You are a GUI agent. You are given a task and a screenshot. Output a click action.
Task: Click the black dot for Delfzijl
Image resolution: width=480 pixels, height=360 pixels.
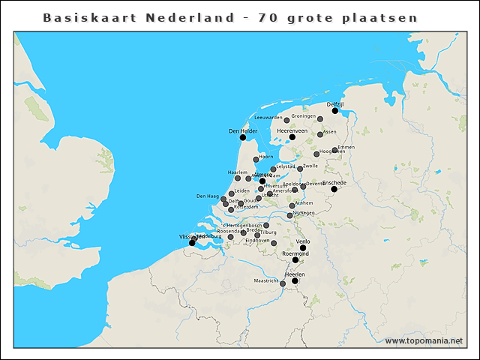pyautogui.click(x=335, y=111)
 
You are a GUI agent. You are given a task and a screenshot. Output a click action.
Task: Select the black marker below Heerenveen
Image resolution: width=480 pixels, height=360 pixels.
pyautogui.click(x=292, y=137)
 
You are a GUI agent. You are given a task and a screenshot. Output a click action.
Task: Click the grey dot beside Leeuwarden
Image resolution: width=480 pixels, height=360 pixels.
pyautogui.click(x=286, y=120)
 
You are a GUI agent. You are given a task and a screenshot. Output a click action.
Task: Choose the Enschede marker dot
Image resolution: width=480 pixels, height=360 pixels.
pyautogui.click(x=334, y=189)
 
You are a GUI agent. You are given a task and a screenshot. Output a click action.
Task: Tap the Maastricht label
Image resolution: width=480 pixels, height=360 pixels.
pyautogui.click(x=265, y=280)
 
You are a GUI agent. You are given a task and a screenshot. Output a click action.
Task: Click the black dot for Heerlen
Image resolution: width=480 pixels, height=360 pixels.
pyautogui.click(x=295, y=281)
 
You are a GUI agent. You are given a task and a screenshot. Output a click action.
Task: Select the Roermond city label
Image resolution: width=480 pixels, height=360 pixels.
pyautogui.click(x=295, y=254)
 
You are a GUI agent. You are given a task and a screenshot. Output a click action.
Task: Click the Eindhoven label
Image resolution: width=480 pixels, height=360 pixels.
pyautogui.click(x=257, y=240)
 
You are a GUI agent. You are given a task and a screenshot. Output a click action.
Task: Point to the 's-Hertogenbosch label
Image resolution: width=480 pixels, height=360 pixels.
pyautogui.click(x=241, y=225)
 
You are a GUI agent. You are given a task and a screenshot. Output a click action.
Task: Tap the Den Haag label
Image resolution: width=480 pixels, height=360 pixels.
pyautogui.click(x=207, y=196)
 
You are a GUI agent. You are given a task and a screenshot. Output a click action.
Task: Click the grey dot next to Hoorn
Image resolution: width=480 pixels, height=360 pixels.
pyautogui.click(x=256, y=160)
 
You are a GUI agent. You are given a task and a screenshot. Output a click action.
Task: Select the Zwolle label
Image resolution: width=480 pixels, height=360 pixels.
pyautogui.click(x=310, y=166)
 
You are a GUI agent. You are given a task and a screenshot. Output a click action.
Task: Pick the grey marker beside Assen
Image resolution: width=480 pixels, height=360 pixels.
pyautogui.click(x=319, y=135)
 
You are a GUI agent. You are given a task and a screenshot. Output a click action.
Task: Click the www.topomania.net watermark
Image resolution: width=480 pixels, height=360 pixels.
pyautogui.click(x=424, y=340)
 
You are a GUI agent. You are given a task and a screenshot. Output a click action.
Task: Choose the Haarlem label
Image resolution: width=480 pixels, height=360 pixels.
pyautogui.click(x=237, y=172)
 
